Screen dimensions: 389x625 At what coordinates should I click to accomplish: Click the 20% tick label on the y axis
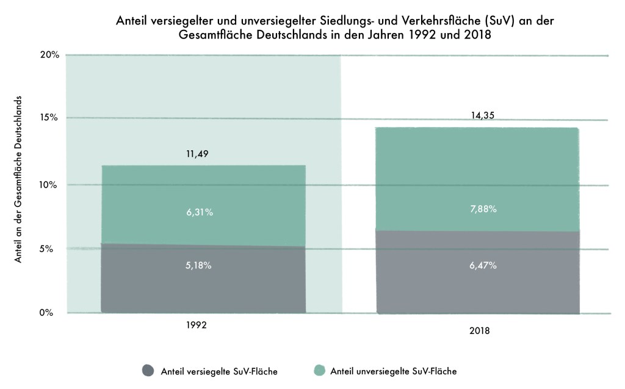50,55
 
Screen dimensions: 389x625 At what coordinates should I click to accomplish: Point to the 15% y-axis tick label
50,117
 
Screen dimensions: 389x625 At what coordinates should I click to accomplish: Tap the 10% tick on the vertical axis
50,184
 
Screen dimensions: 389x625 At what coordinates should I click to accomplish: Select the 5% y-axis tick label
52,249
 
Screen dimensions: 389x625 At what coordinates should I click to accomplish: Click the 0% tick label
52,313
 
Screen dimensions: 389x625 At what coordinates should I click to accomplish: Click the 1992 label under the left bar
197,325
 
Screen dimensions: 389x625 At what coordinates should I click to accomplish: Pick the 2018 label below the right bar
480,331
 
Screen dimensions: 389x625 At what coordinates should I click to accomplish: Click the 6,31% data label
201,213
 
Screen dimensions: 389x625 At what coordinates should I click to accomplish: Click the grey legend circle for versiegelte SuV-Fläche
148,370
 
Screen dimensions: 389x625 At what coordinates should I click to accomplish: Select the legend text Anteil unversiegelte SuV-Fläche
393,371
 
